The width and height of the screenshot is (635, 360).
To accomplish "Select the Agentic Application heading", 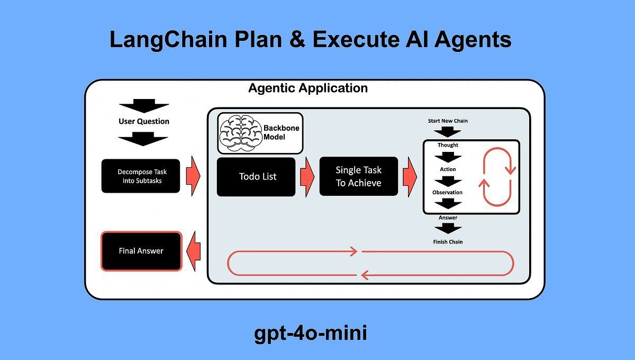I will (308, 88).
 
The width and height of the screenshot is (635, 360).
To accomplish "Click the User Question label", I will (144, 121).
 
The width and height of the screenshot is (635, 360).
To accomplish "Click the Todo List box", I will (256, 177).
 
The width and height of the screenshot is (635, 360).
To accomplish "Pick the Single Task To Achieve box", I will (358, 176).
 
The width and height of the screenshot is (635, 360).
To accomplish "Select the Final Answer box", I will (141, 251).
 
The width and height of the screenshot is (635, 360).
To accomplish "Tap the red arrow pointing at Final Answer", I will (194, 251).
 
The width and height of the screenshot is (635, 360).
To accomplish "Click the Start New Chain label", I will (448, 121).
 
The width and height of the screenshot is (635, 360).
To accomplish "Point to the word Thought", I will (448, 145).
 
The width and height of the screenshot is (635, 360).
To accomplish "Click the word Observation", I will (447, 193).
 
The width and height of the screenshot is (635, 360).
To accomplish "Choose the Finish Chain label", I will (448, 242).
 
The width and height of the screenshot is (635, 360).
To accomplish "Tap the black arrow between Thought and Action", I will (448, 157).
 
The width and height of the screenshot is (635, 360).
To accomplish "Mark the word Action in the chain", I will (448, 169).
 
